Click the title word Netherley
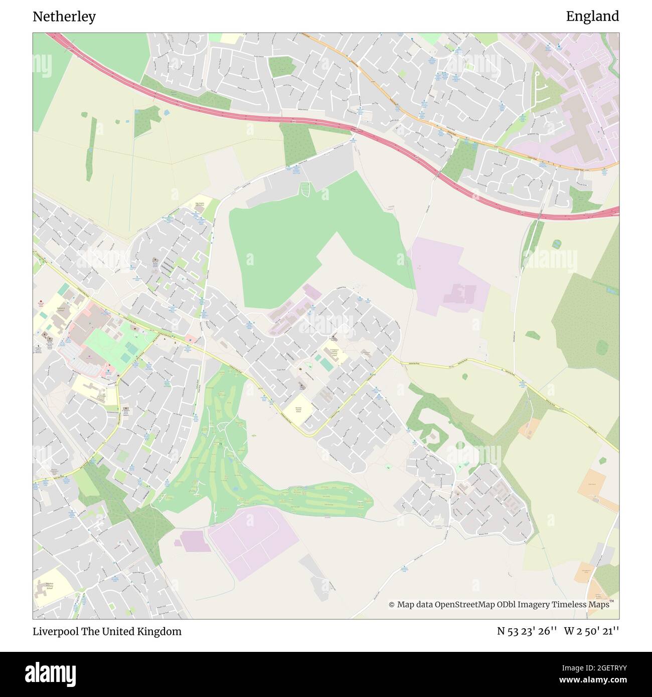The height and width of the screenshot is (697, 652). coord(64,17)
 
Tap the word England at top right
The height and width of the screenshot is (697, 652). coord(592,17)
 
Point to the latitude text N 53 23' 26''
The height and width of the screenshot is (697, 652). coord(527,631)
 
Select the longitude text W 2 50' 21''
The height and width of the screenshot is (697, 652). coord(591,631)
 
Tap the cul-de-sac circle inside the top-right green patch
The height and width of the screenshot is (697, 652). coord(537,74)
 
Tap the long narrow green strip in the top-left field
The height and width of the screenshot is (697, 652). coord(91,148)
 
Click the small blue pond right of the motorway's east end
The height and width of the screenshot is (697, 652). coord(556,245)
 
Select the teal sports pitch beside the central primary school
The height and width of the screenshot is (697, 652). coord(326,364)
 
